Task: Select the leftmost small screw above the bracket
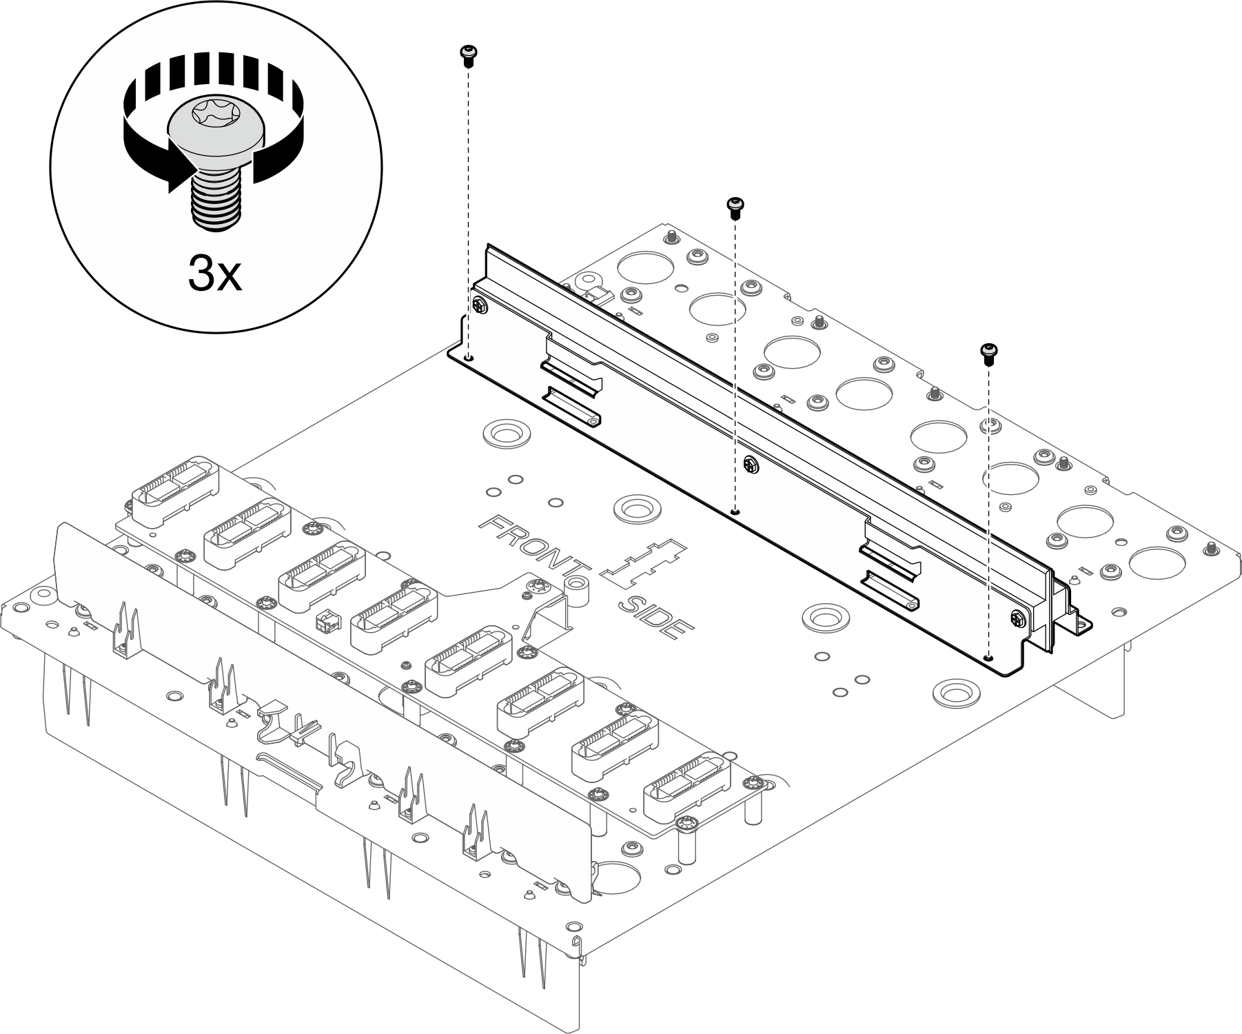[468, 55]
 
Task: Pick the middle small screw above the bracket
[735, 207]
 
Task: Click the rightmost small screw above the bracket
[988, 352]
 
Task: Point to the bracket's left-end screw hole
[469, 358]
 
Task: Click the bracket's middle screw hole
[735, 511]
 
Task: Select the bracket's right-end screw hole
[989, 657]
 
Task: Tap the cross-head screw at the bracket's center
[750, 465]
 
